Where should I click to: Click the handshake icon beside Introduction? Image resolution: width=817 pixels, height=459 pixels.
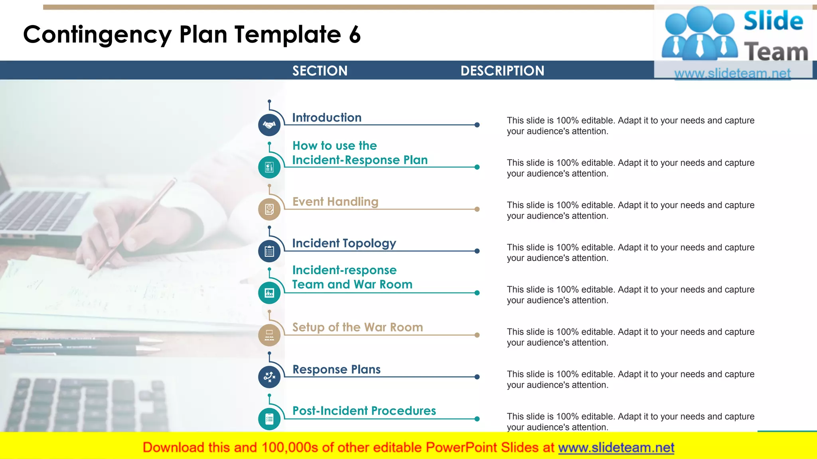pos(269,125)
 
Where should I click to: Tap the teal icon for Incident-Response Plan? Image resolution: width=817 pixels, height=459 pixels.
pos(269,167)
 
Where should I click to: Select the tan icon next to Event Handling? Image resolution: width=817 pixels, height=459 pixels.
pos(269,209)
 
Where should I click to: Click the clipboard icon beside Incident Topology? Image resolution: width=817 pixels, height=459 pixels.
pos(269,251)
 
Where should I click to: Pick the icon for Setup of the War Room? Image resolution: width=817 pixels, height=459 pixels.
pos(269,335)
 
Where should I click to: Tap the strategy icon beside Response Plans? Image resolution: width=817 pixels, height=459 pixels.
pos(269,377)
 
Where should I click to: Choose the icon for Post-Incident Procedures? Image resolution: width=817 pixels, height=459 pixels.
pos(269,419)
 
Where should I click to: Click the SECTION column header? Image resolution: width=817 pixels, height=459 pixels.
pos(320,71)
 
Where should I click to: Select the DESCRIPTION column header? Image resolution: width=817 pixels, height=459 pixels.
pos(502,71)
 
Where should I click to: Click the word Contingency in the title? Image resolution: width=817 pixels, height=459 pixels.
pos(97,35)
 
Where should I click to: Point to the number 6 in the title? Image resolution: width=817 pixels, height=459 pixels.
pos(355,35)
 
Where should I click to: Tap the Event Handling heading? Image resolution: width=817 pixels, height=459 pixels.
pos(335,202)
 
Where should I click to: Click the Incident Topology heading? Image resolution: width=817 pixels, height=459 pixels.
pos(344,243)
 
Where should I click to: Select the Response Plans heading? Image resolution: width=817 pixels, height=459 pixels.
pos(336,369)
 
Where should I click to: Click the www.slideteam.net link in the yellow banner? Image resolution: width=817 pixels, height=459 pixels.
pos(616,447)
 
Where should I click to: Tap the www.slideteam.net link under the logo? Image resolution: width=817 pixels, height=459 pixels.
pos(732,73)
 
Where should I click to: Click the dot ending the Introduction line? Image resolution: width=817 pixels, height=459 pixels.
pos(477,125)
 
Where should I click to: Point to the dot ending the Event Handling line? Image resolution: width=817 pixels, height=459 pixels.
pos(477,209)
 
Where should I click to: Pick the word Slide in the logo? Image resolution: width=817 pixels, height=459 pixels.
pos(773,21)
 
